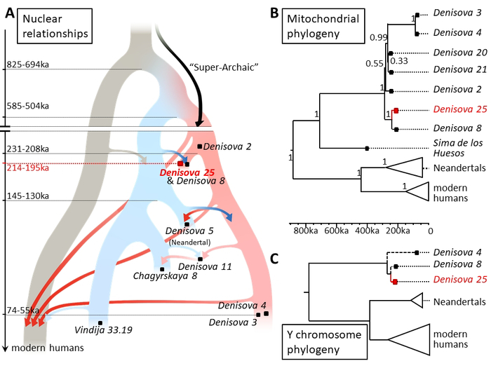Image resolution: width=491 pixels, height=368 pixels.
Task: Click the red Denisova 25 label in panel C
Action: tap(456, 282)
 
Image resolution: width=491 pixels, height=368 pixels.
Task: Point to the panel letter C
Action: tap(275, 258)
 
